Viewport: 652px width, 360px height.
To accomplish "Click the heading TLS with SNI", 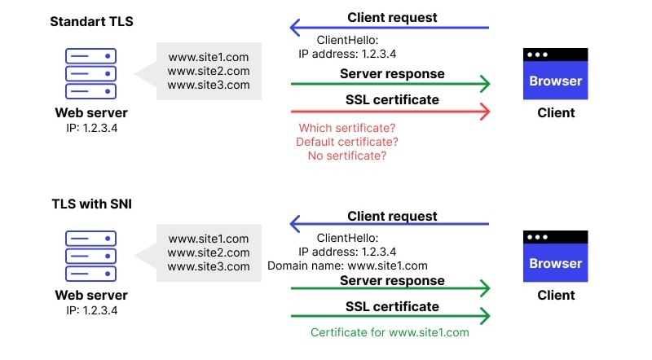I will pyautogui.click(x=90, y=204).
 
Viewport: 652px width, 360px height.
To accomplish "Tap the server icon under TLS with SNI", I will pyautogui.click(x=90, y=255).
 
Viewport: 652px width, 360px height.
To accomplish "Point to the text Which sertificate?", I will pyautogui.click(x=346, y=128).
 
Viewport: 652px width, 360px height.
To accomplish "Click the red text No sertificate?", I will pyautogui.click(x=346, y=156).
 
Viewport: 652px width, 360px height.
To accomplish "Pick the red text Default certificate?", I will pyautogui.click(x=346, y=142).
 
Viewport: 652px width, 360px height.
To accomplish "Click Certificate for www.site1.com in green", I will pyautogui.click(x=390, y=332).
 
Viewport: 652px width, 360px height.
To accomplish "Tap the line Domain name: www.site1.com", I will pyautogui.click(x=347, y=266).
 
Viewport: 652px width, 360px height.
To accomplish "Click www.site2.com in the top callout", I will pyautogui.click(x=209, y=71).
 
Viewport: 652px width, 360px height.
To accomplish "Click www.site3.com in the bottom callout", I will pyautogui.click(x=209, y=266).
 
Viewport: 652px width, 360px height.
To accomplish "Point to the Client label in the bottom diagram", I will pyautogui.click(x=556, y=296).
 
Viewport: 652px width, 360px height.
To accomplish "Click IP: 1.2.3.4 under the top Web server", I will pyautogui.click(x=91, y=129).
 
